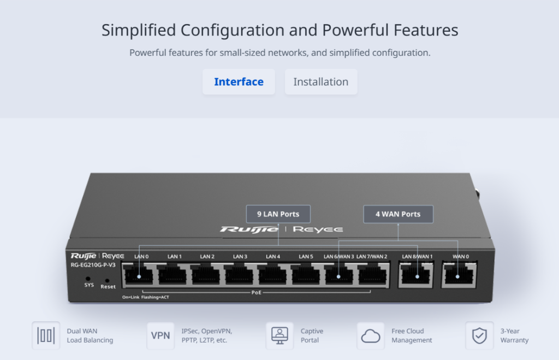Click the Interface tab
(x=239, y=82)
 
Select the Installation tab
(x=321, y=82)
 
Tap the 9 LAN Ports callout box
(x=278, y=214)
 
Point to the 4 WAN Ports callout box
(x=398, y=214)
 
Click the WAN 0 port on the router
(x=459, y=275)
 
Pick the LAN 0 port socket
(x=138, y=275)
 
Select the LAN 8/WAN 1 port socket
(x=415, y=275)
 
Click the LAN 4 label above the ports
(x=273, y=257)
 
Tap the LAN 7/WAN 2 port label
(x=371, y=257)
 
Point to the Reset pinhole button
(x=107, y=281)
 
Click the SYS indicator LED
(x=88, y=279)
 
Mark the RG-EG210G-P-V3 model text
(x=93, y=265)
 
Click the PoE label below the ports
(x=257, y=293)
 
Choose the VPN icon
(x=160, y=336)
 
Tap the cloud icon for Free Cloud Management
(x=371, y=336)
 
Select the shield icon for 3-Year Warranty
(x=479, y=336)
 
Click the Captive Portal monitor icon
(x=279, y=336)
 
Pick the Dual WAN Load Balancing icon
(x=46, y=336)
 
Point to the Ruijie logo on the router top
(x=249, y=229)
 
